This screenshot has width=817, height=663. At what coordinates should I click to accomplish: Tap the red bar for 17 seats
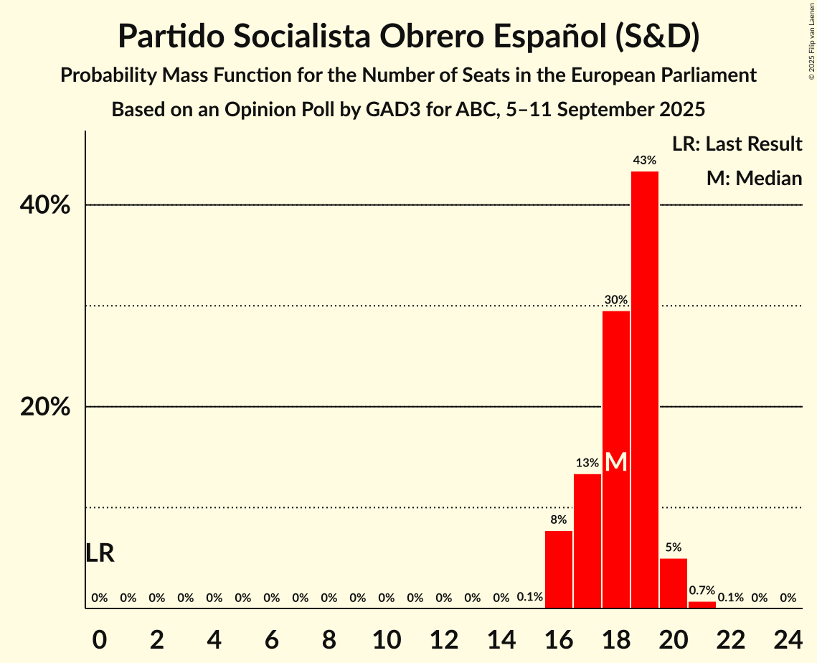(587, 541)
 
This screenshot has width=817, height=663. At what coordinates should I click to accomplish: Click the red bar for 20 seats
(674, 583)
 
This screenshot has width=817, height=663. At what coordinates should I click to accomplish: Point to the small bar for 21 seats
(702, 605)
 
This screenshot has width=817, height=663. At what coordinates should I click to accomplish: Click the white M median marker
(616, 462)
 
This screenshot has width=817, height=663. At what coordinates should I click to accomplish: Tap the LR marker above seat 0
(100, 553)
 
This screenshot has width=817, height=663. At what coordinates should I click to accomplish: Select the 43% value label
(645, 161)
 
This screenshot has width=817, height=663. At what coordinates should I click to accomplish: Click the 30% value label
(616, 300)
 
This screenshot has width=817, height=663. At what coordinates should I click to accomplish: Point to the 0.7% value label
(702, 591)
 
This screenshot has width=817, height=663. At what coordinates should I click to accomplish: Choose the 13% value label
(587, 464)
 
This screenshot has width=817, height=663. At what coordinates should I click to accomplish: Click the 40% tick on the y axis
(45, 206)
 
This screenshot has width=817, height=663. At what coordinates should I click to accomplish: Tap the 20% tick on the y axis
(45, 408)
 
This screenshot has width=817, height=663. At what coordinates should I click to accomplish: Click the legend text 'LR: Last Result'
(737, 144)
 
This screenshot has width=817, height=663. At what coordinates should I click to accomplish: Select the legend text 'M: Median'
(754, 179)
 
